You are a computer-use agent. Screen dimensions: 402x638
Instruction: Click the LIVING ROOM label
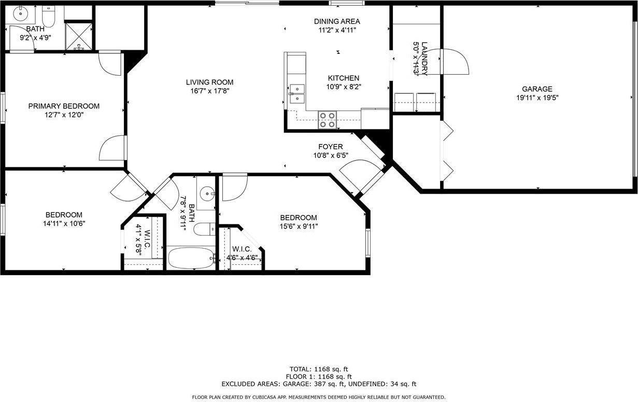pos(209,82)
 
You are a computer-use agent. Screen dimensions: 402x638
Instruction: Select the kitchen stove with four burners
pos(327,120)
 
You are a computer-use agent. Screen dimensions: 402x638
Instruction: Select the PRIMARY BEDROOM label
pos(64,106)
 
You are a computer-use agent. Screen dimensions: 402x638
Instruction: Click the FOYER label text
pos(330,147)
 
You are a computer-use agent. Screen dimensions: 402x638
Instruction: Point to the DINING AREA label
pos(337,21)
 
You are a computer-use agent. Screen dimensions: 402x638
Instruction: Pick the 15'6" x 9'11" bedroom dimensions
pos(298,226)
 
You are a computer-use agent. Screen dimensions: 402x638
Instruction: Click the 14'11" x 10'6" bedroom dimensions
pos(64,223)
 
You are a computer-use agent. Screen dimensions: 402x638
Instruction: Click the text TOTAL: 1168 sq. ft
pos(319,369)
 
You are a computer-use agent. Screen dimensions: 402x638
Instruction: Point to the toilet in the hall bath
pos(204,228)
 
